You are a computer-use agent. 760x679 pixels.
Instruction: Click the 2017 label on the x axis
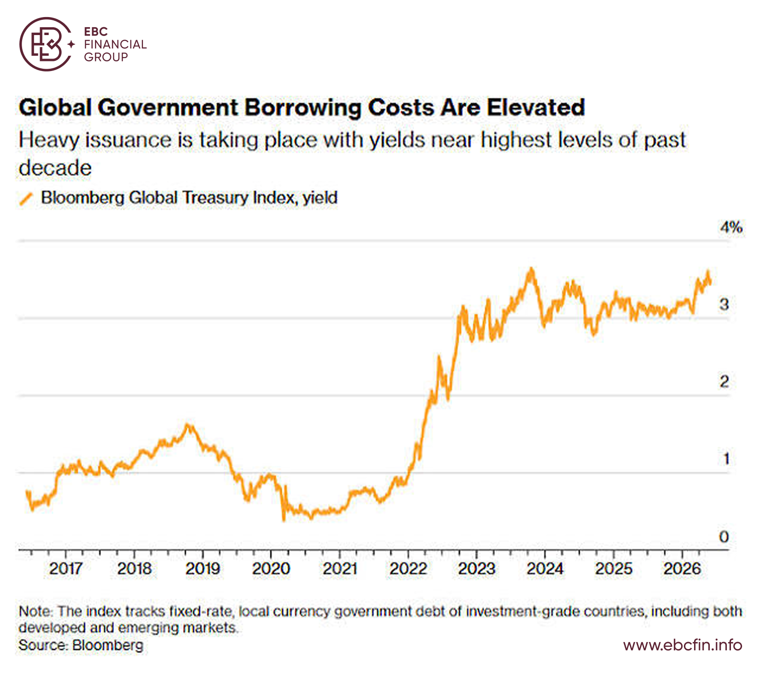(x=66, y=568)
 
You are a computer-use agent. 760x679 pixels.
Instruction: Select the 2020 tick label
(x=271, y=568)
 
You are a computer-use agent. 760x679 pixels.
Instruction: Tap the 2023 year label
(x=476, y=568)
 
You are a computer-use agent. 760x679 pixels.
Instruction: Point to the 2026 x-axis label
(x=682, y=568)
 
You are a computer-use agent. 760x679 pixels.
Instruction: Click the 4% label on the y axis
(x=731, y=227)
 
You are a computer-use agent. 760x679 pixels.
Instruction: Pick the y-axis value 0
(x=724, y=536)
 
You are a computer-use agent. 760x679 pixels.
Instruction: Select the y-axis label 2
(x=724, y=381)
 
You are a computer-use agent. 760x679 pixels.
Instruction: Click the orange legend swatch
(x=27, y=198)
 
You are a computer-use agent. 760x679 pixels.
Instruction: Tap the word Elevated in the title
(x=536, y=107)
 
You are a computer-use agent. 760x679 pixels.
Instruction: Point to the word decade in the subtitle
(x=55, y=167)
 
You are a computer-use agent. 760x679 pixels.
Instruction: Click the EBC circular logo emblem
(x=47, y=44)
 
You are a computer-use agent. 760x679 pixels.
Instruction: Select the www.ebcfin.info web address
(x=683, y=644)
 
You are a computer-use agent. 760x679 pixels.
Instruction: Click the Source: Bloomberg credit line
(x=81, y=644)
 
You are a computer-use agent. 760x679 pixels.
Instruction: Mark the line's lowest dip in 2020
(x=283, y=520)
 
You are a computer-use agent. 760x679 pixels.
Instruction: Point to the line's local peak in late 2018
(x=187, y=424)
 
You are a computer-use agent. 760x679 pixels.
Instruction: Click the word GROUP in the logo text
(x=106, y=57)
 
